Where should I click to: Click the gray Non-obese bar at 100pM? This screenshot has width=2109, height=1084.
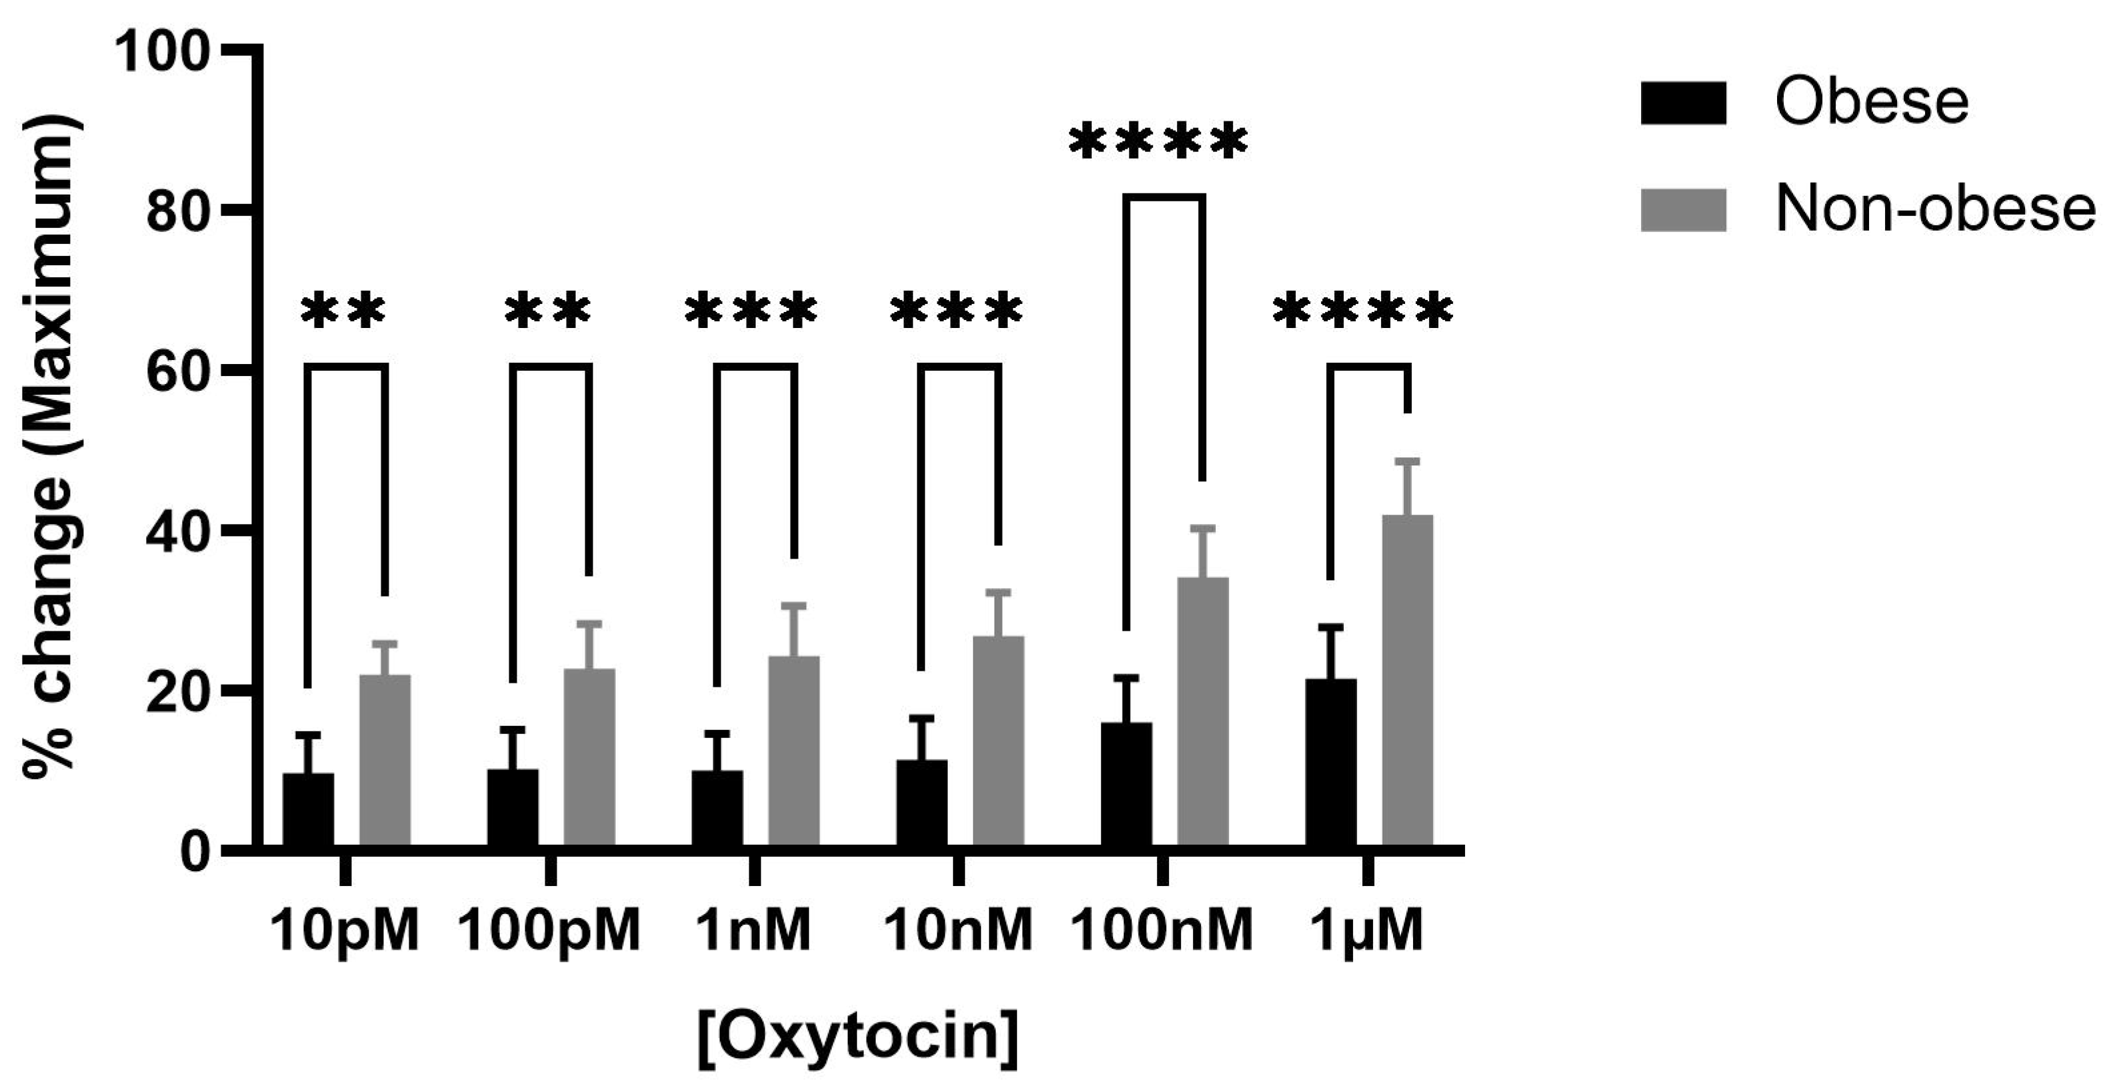point(589,757)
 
